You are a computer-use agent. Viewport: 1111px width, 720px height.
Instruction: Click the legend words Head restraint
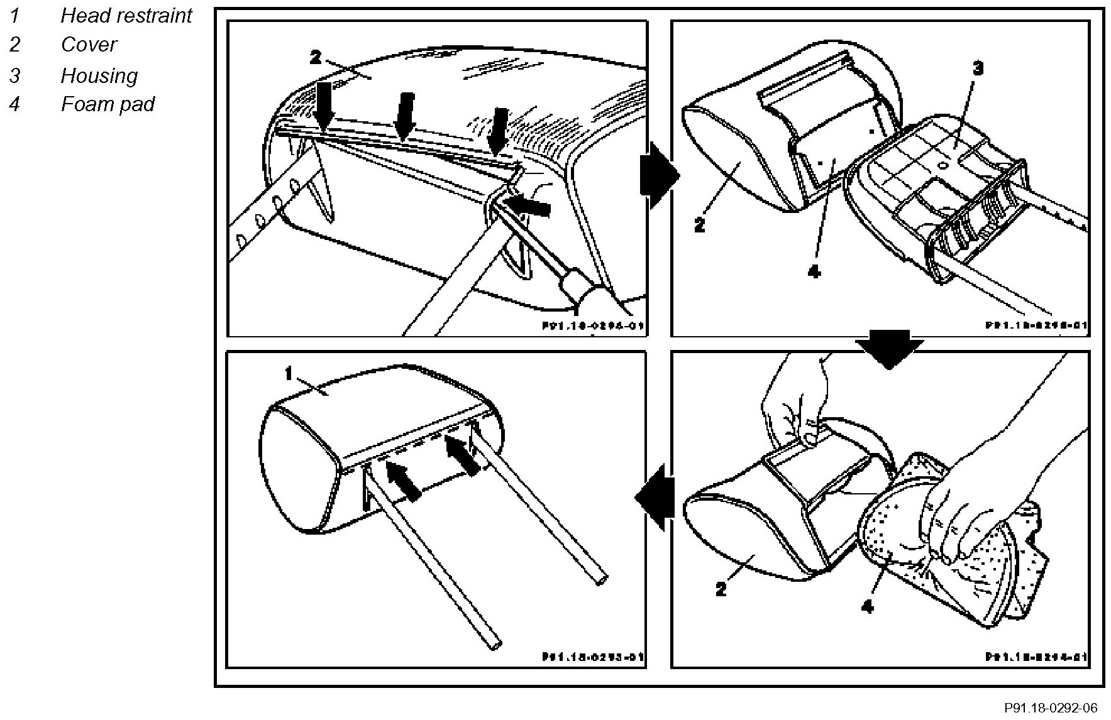(x=126, y=15)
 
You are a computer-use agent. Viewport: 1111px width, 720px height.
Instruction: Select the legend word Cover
(x=89, y=45)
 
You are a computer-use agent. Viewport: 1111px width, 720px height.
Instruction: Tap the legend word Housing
(x=99, y=75)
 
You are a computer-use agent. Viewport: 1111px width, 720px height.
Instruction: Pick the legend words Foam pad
(x=108, y=104)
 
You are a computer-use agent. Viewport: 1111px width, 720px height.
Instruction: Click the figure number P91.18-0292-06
(x=1050, y=708)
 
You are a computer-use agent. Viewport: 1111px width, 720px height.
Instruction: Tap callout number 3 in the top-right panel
(x=978, y=68)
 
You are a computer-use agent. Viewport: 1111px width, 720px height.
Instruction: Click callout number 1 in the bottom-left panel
(x=289, y=374)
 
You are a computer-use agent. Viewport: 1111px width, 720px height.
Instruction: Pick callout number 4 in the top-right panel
(x=814, y=271)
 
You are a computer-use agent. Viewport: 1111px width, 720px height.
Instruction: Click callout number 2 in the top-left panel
(x=315, y=58)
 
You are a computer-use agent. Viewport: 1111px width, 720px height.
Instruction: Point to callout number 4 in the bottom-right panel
(x=868, y=607)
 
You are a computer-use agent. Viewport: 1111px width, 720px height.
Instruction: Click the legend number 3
(x=14, y=75)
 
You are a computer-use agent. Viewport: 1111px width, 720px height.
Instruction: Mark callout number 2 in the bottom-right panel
(x=721, y=589)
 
